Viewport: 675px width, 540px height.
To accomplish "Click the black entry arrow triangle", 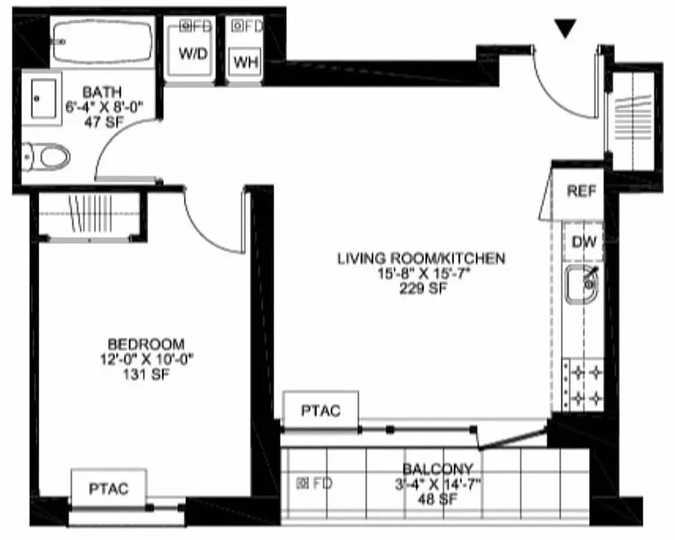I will coord(566,28).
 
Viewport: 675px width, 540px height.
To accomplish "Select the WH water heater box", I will coord(246,63).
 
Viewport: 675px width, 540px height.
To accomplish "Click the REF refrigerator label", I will coord(581,191).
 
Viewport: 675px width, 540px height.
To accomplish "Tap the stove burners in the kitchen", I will coord(583,384).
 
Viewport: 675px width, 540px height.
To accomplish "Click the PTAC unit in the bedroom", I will coord(109,489).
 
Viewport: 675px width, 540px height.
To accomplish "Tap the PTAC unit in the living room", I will coord(320,410).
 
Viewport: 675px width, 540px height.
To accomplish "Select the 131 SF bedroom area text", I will coord(146,374).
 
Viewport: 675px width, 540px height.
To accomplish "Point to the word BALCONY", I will coord(438,469).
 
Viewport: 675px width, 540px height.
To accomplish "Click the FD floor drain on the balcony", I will coord(315,483).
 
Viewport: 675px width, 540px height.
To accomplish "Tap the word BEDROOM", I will coord(146,343).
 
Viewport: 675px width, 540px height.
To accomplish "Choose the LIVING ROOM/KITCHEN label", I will coord(422,258).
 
